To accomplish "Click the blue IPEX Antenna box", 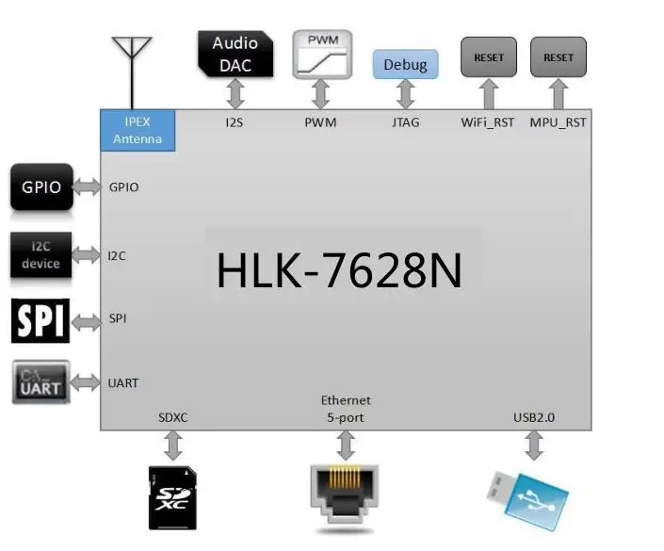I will (x=138, y=130).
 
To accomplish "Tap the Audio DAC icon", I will (x=235, y=54).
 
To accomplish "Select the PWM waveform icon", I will (x=321, y=55).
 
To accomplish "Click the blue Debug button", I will (x=406, y=64).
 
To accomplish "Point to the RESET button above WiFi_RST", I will (x=489, y=57).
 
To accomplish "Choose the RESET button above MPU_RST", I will (x=559, y=57).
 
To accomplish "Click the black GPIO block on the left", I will (x=41, y=186).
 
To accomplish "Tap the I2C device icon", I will (x=40, y=254).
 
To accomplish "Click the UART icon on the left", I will (x=41, y=382).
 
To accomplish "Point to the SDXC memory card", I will (x=173, y=495).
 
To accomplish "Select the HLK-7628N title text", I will (x=339, y=271).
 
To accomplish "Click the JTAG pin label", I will (x=406, y=122).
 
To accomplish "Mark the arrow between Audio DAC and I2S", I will (x=235, y=94).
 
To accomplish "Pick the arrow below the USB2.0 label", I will (x=534, y=446).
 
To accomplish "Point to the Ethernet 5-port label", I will (x=346, y=409).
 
